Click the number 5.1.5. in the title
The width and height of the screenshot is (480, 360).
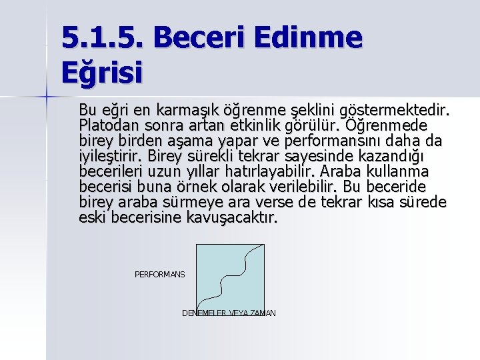point(106,38)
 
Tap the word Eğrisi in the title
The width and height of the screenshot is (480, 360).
point(102,72)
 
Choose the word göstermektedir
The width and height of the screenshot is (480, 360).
point(394,109)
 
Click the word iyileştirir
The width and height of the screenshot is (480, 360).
point(110,156)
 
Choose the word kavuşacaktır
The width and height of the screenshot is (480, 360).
point(226,217)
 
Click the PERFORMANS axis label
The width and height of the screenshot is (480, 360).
point(160,275)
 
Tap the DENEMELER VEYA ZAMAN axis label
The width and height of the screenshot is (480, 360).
point(229,313)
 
